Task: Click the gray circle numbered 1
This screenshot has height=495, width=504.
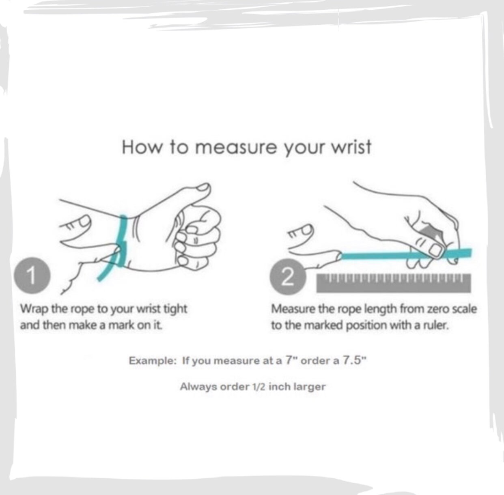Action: pyautogui.click(x=32, y=275)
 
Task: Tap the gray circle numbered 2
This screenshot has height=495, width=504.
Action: pyautogui.click(x=287, y=277)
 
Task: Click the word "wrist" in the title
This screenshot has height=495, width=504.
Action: pyautogui.click(x=351, y=147)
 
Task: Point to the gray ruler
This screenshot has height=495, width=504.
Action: pyautogui.click(x=393, y=283)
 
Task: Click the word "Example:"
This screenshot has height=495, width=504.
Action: pyautogui.click(x=152, y=361)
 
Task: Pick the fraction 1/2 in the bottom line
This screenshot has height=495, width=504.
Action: pyautogui.click(x=258, y=387)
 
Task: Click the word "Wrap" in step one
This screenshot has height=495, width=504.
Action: pyautogui.click(x=35, y=310)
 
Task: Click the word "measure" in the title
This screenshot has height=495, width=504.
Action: pyautogui.click(x=236, y=148)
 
